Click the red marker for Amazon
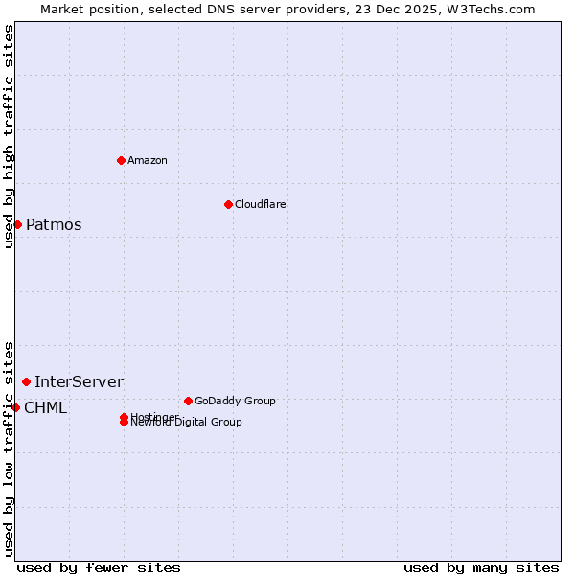121,160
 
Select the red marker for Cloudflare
228,204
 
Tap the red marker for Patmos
17,224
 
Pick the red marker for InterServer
26,382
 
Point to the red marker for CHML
15,407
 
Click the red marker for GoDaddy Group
188,401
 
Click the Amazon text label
148,160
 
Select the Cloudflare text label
261,204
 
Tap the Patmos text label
54,225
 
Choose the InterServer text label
79,382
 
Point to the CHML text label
45,408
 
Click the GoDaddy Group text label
235,401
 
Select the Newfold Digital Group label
188,423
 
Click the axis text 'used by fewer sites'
99,567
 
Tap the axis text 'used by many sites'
481,567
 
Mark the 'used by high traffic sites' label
10,136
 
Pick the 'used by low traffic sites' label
10,448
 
